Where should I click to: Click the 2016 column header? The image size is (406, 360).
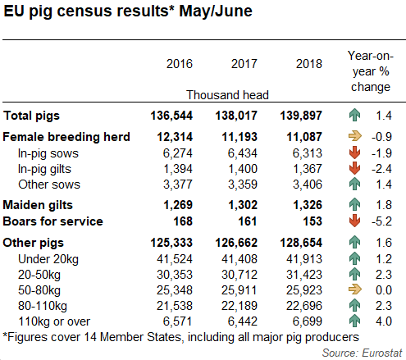click(x=179, y=64)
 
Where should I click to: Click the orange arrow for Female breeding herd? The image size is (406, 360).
click(x=355, y=136)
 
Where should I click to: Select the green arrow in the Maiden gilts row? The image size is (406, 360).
click(x=355, y=203)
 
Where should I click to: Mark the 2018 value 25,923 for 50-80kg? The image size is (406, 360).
click(x=303, y=289)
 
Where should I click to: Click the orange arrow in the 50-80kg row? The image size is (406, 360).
click(x=355, y=289)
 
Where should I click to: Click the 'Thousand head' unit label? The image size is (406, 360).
click(x=227, y=95)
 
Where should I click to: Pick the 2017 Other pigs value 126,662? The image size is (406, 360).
click(x=237, y=243)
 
